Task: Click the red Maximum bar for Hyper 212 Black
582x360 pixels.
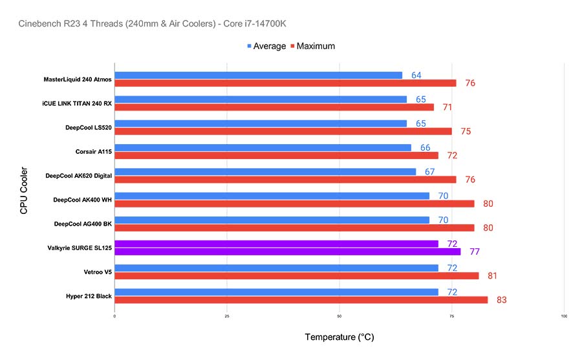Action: [301, 300]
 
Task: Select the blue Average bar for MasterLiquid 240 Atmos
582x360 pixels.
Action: [258, 75]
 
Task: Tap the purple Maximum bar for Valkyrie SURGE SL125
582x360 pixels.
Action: [287, 252]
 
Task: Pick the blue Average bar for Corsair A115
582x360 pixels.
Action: [263, 147]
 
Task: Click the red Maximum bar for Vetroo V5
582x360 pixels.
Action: [296, 276]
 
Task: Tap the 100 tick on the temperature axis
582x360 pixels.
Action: [564, 317]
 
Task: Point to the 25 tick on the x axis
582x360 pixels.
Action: [227, 317]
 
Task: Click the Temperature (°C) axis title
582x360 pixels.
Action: [339, 337]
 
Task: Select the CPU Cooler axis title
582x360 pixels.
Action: [24, 191]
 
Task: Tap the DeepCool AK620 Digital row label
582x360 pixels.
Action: [78, 176]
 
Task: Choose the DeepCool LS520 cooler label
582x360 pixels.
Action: [88, 128]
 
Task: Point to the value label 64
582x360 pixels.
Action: [416, 75]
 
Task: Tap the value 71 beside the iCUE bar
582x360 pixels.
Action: [447, 107]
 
